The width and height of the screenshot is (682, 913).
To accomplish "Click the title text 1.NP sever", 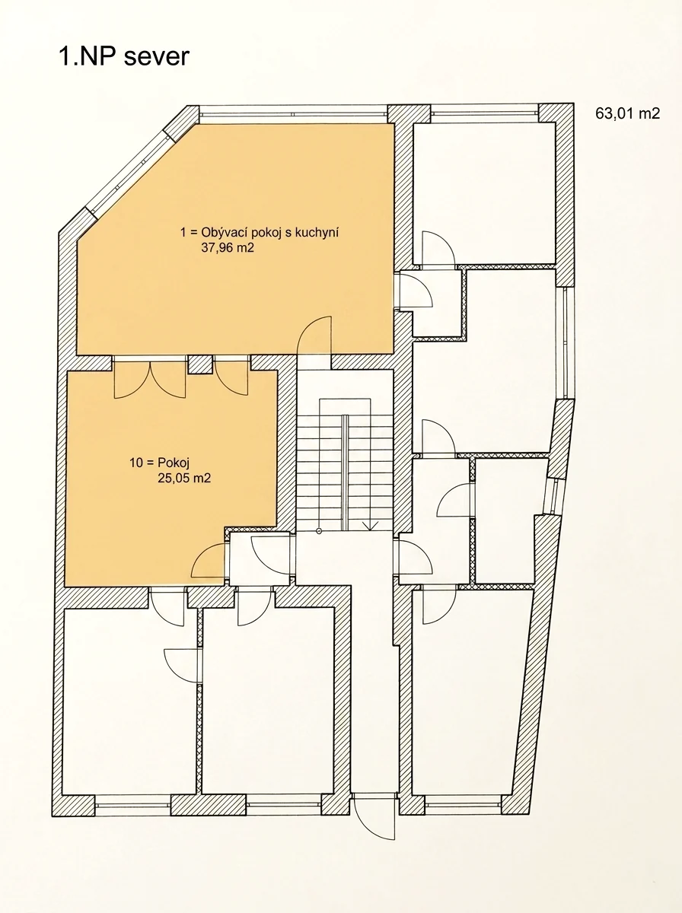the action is [x=124, y=56].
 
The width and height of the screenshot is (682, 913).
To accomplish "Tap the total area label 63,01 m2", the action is [x=627, y=113].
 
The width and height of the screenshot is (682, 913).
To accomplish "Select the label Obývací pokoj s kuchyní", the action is [x=269, y=233].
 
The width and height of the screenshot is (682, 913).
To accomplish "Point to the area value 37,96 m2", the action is [x=228, y=248].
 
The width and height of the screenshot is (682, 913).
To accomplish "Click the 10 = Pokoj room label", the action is [x=160, y=462].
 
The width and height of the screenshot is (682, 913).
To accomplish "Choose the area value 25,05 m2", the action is [x=184, y=478].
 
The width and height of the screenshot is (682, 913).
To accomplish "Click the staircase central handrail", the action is [x=345, y=472].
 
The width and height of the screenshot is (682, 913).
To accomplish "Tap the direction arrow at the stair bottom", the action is [x=370, y=526].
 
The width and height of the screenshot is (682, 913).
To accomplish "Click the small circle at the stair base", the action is [x=319, y=531].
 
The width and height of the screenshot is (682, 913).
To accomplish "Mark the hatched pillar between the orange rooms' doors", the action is [x=200, y=364].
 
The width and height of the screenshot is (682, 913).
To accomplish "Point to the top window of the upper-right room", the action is [x=484, y=113].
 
